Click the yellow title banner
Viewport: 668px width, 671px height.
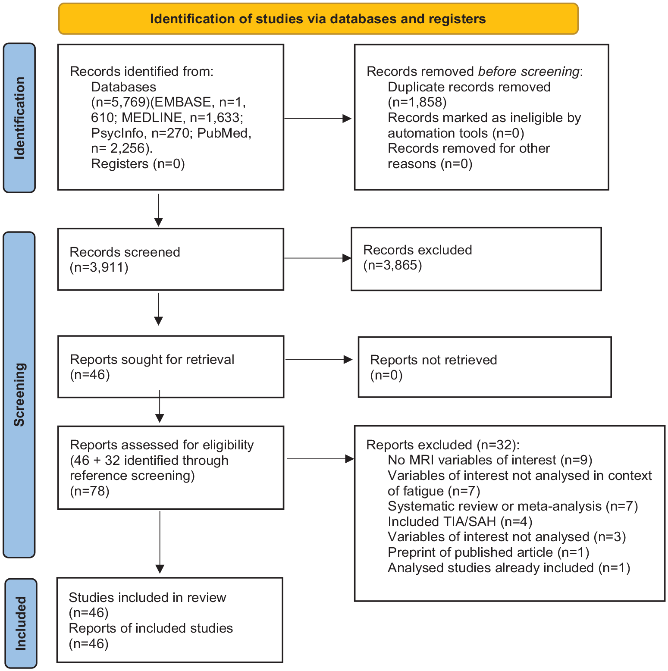(318, 19)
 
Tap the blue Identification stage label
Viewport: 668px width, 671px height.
(19, 118)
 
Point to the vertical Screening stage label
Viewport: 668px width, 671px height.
(19, 395)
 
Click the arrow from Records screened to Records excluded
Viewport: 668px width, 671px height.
(318, 258)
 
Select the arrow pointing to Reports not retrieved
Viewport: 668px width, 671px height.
(319, 359)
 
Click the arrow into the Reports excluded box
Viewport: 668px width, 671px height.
(321, 459)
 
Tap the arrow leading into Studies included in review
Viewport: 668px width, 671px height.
(160, 542)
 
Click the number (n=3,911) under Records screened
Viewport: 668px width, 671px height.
(99, 267)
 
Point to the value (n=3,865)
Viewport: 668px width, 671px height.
(392, 265)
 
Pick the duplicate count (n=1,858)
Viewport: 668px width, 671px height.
(417, 102)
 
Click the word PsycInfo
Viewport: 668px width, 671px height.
(117, 133)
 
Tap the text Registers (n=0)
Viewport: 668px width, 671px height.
(138, 164)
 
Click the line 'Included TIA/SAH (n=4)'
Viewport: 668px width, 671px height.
(460, 522)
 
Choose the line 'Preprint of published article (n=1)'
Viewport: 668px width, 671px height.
(489, 552)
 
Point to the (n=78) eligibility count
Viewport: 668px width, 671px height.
(90, 491)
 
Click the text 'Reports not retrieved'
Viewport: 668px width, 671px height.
(433, 360)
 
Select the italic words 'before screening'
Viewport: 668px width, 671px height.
(529, 71)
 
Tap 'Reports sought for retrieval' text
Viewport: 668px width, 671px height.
(152, 359)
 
